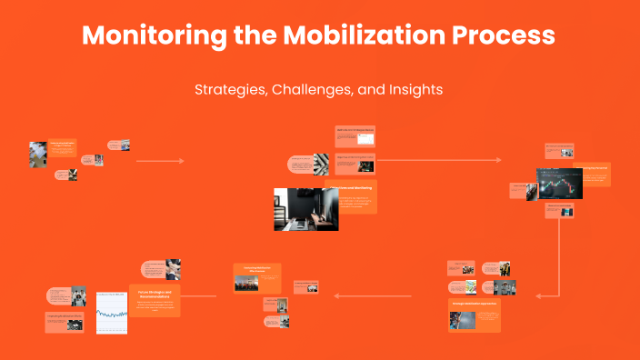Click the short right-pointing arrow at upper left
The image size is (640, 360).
[160, 161]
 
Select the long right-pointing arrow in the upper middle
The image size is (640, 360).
[436, 160]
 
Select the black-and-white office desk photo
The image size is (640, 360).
[306, 209]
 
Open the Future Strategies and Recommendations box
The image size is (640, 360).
[155, 300]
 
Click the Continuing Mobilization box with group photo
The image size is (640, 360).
[257, 277]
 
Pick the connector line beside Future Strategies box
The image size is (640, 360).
[199, 295]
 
